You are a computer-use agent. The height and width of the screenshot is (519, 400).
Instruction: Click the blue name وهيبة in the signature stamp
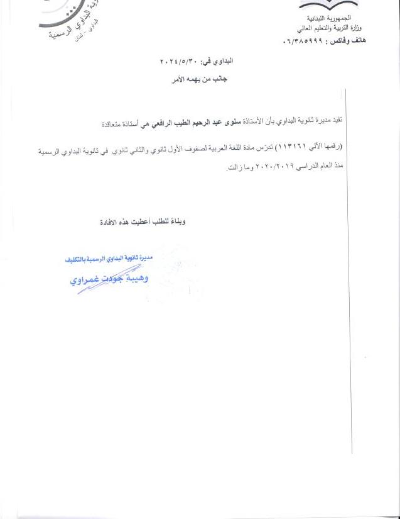tap(140, 277)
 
